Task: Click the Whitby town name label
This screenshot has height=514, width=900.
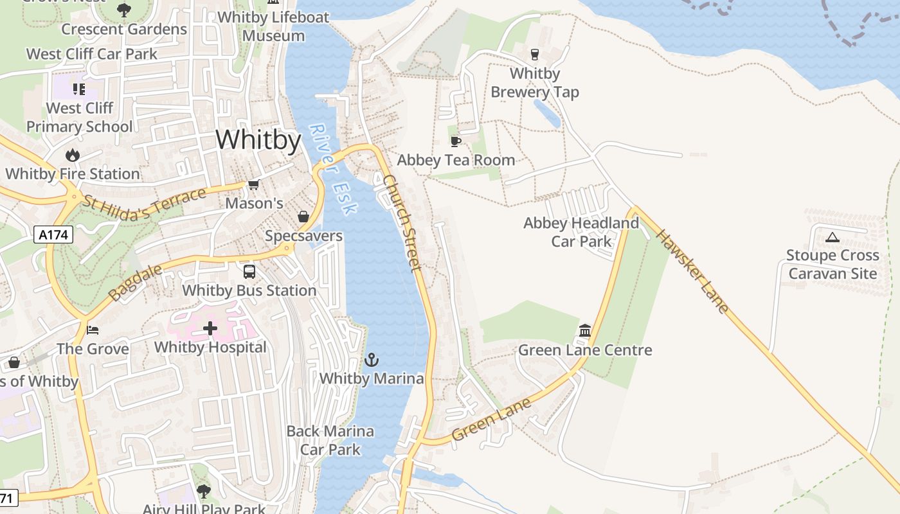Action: [x=258, y=139]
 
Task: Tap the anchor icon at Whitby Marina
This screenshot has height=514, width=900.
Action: [x=372, y=360]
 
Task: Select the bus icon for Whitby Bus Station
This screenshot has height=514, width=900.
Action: [x=249, y=272]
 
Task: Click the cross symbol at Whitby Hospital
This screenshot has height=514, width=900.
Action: [x=210, y=329]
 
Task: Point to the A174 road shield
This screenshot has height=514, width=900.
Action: [x=53, y=235]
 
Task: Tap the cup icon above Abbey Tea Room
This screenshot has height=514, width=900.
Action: [x=456, y=141]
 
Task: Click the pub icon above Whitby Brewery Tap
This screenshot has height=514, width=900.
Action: [x=534, y=55]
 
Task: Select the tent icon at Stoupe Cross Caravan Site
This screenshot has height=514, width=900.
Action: [x=833, y=237]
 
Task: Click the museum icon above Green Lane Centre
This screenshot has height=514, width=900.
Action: [x=585, y=331]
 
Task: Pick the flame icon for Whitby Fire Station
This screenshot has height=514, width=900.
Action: [x=72, y=155]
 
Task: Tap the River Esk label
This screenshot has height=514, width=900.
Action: [x=332, y=169]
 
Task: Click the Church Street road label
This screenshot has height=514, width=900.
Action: [x=402, y=222]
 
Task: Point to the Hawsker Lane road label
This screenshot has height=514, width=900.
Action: [x=692, y=271]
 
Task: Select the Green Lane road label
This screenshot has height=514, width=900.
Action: [x=492, y=419]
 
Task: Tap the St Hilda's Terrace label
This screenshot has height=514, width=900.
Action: [x=144, y=204]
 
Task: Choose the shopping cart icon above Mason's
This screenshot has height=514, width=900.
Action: [x=253, y=185]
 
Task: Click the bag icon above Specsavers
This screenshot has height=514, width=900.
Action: [x=303, y=217]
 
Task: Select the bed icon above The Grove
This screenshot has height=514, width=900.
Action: [x=93, y=330]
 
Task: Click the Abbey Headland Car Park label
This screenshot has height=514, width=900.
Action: [x=581, y=232]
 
